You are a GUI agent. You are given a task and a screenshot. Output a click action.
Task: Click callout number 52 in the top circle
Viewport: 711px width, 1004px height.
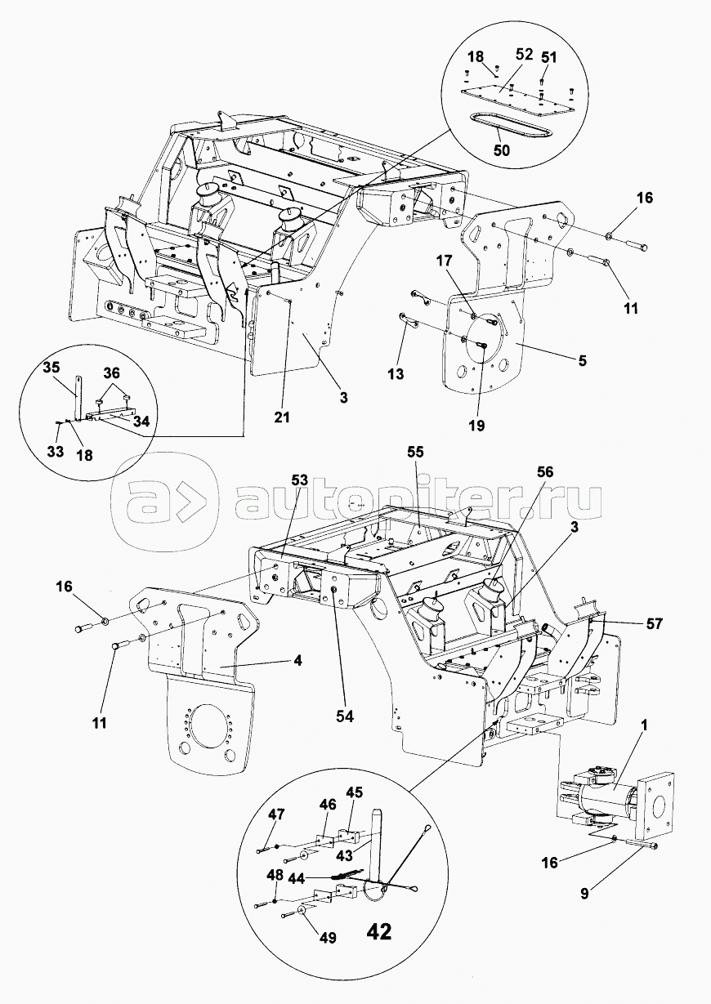[524, 55]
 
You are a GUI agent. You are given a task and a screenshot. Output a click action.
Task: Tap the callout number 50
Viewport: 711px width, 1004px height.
[502, 150]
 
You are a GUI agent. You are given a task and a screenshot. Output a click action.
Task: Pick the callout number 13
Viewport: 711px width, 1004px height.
[396, 374]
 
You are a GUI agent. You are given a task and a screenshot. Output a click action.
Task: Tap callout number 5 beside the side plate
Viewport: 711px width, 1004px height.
[583, 360]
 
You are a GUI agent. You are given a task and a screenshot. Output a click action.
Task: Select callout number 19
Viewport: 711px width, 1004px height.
[477, 426]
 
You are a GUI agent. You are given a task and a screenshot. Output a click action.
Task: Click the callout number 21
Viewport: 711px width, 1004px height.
[282, 417]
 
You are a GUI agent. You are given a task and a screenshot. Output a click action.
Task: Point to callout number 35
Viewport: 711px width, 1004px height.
[52, 368]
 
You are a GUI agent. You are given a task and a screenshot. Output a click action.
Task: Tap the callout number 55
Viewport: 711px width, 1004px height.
[415, 452]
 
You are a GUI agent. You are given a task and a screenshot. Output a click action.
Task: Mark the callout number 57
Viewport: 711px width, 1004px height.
[654, 623]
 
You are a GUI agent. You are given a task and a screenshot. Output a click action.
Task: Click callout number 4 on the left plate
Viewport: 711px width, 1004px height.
[298, 661]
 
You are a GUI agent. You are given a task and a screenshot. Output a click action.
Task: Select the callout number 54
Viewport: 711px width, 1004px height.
[345, 716]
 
